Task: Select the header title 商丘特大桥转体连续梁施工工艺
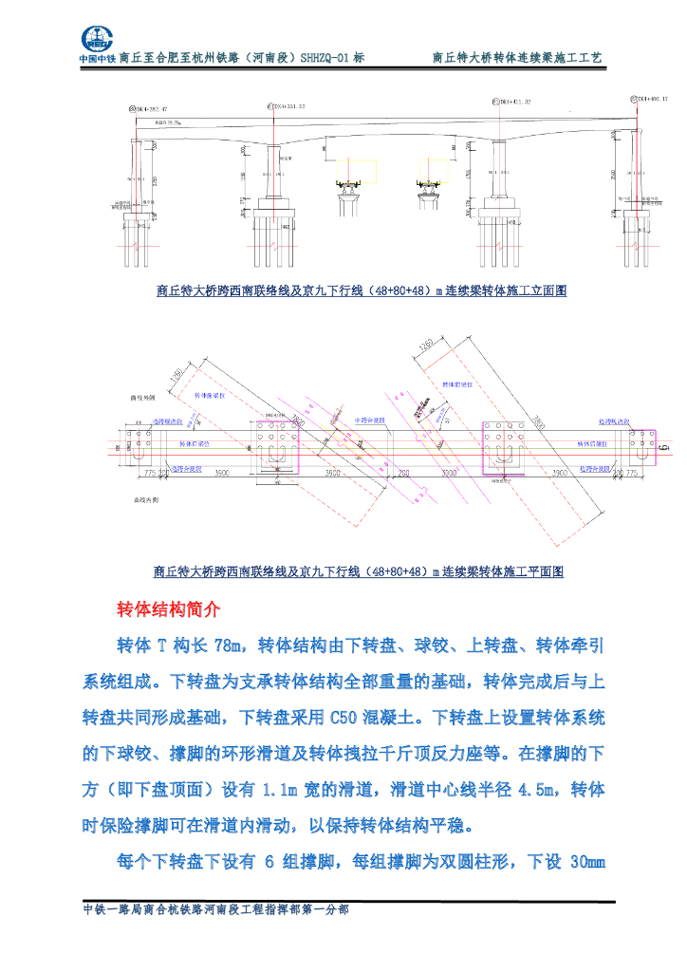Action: [517, 58]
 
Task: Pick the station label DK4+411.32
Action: [511, 101]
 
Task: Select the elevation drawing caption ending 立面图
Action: [361, 291]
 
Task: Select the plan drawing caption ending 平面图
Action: [359, 572]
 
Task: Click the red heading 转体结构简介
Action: [168, 607]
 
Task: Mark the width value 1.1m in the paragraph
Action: [278, 789]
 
